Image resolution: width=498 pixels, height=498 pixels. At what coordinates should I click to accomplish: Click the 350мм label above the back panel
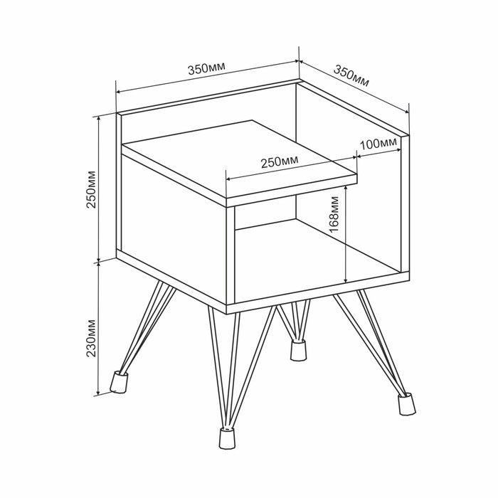click(x=206, y=68)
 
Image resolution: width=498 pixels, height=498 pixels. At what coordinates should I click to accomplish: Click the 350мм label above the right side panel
click(x=351, y=75)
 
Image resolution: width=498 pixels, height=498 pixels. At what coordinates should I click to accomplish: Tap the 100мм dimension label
click(x=378, y=144)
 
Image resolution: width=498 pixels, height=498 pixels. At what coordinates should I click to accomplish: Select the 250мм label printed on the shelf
click(x=280, y=162)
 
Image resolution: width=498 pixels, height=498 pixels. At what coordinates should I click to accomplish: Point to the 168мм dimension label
click(x=334, y=214)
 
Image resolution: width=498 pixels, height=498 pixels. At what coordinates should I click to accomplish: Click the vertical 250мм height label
click(x=92, y=189)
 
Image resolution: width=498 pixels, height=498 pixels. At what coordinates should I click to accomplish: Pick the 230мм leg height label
click(x=92, y=338)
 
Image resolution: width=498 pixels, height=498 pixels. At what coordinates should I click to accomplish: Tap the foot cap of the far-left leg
click(x=119, y=382)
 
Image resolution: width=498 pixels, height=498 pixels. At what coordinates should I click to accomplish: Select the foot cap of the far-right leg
click(x=406, y=403)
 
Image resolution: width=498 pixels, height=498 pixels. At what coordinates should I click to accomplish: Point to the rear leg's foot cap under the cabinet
click(x=299, y=350)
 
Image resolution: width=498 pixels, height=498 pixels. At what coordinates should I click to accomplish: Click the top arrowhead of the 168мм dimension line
click(x=346, y=189)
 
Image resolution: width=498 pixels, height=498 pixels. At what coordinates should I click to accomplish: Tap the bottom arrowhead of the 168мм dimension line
click(x=346, y=279)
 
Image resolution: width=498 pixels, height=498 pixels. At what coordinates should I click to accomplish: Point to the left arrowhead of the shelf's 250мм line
click(x=229, y=179)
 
